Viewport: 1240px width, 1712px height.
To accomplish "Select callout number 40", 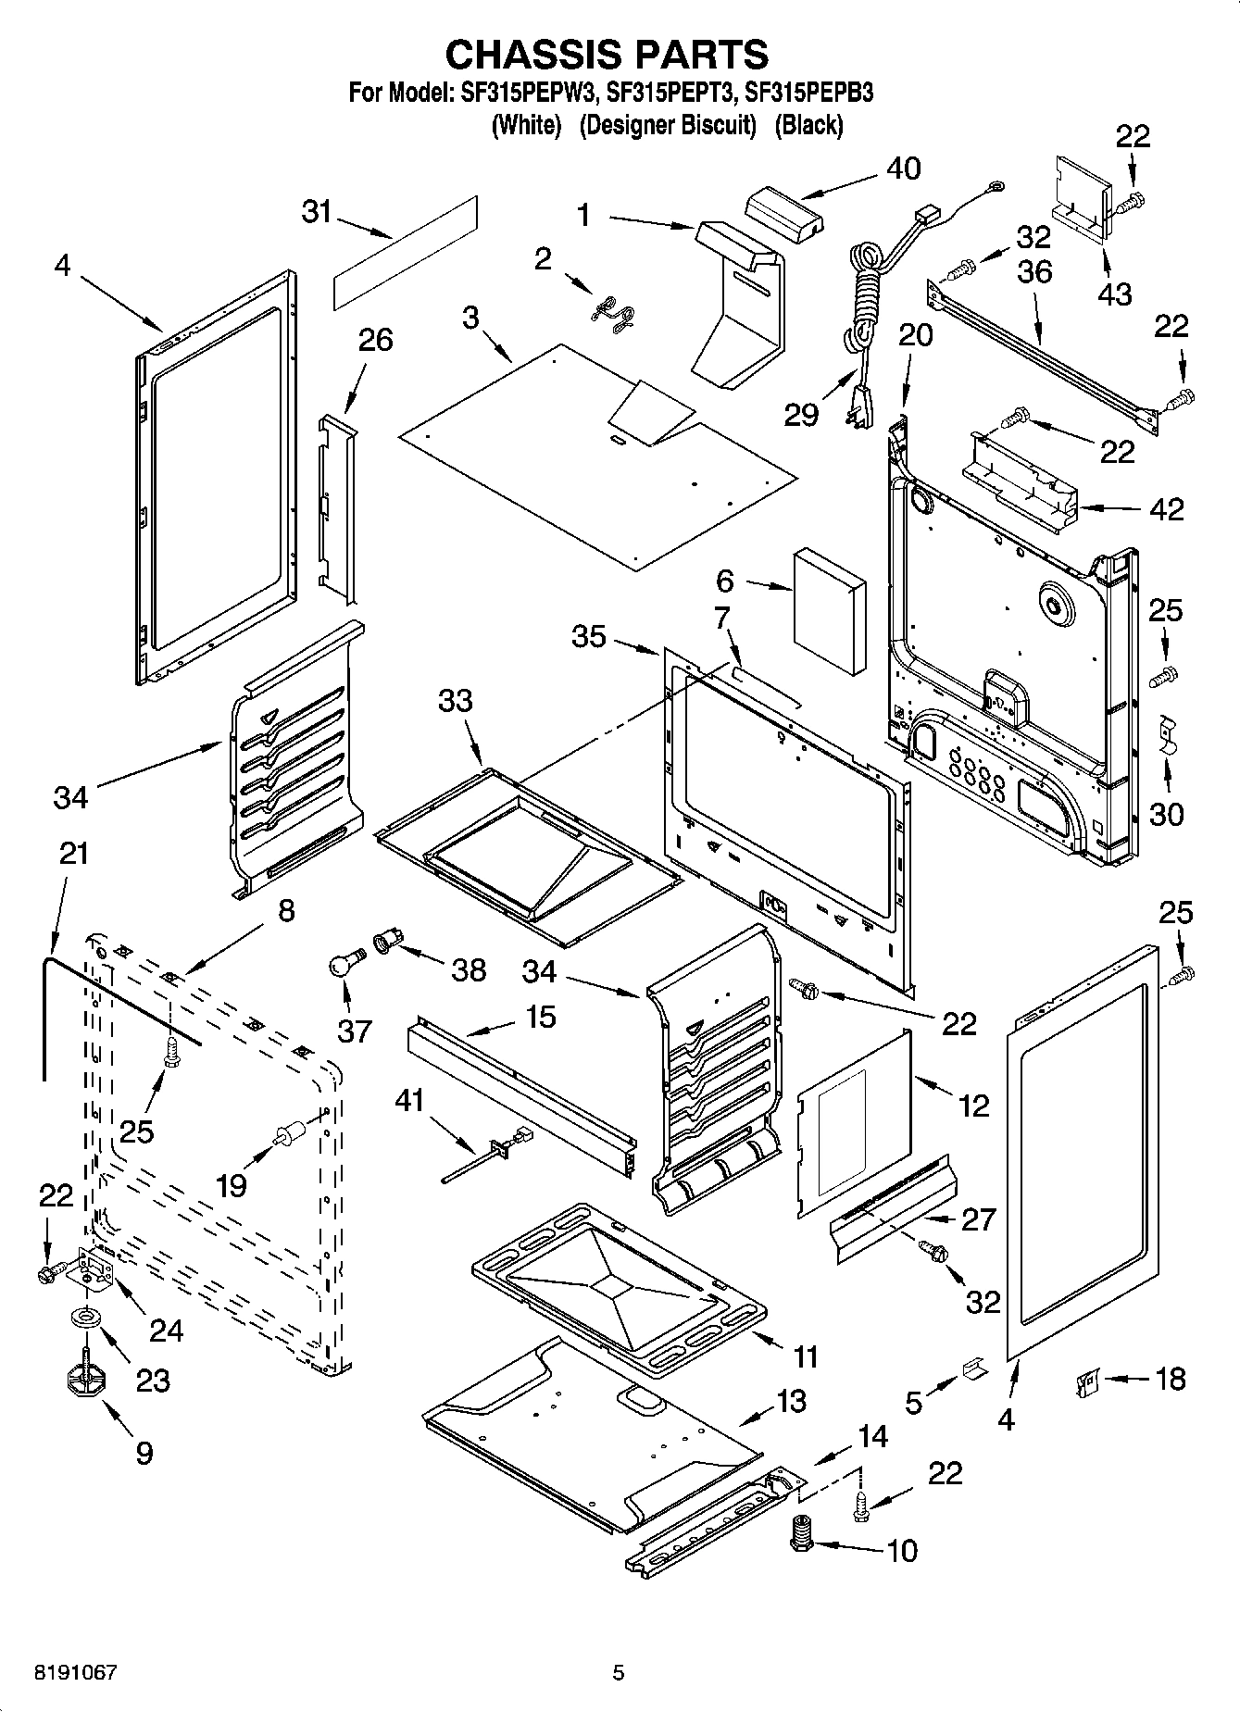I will [903, 169].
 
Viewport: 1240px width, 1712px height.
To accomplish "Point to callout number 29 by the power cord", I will [801, 414].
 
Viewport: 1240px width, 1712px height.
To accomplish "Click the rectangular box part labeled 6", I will [830, 611].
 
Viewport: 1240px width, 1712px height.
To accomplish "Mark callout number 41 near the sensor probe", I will [408, 1100].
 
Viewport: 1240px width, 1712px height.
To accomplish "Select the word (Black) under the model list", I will [808, 125].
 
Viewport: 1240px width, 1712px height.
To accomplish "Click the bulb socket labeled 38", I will [384, 944].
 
